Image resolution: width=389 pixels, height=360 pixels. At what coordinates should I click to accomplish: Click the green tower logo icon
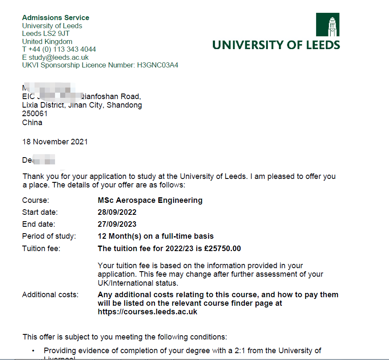pos(328,25)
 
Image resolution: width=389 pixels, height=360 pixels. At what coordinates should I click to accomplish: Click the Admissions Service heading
pos(55,18)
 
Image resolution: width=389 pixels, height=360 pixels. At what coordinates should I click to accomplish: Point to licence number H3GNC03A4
pos(157,65)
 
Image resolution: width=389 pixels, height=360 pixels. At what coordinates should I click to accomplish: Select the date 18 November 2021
pos(55,142)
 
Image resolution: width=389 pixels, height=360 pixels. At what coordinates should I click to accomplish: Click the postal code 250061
pos(35,114)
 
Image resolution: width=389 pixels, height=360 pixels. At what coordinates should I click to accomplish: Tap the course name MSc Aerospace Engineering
pos(150,200)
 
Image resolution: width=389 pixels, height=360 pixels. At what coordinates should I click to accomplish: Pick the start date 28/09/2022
pos(117,212)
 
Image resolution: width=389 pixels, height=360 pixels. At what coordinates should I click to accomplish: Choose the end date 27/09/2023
pos(117,224)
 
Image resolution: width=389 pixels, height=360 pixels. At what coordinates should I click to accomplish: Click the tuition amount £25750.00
pos(223,249)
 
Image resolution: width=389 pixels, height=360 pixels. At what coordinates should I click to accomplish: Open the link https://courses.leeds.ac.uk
pos(147,312)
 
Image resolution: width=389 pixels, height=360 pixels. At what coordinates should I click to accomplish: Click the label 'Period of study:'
pos(49,236)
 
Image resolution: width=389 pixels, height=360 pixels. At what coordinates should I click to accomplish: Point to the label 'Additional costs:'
pos(50,295)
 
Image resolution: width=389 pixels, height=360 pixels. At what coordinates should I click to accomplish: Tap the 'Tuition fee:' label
pos(41,249)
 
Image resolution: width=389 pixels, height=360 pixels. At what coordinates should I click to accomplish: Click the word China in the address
pos(32,123)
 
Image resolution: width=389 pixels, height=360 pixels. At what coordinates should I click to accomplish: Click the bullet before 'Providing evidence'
pos(34,351)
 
